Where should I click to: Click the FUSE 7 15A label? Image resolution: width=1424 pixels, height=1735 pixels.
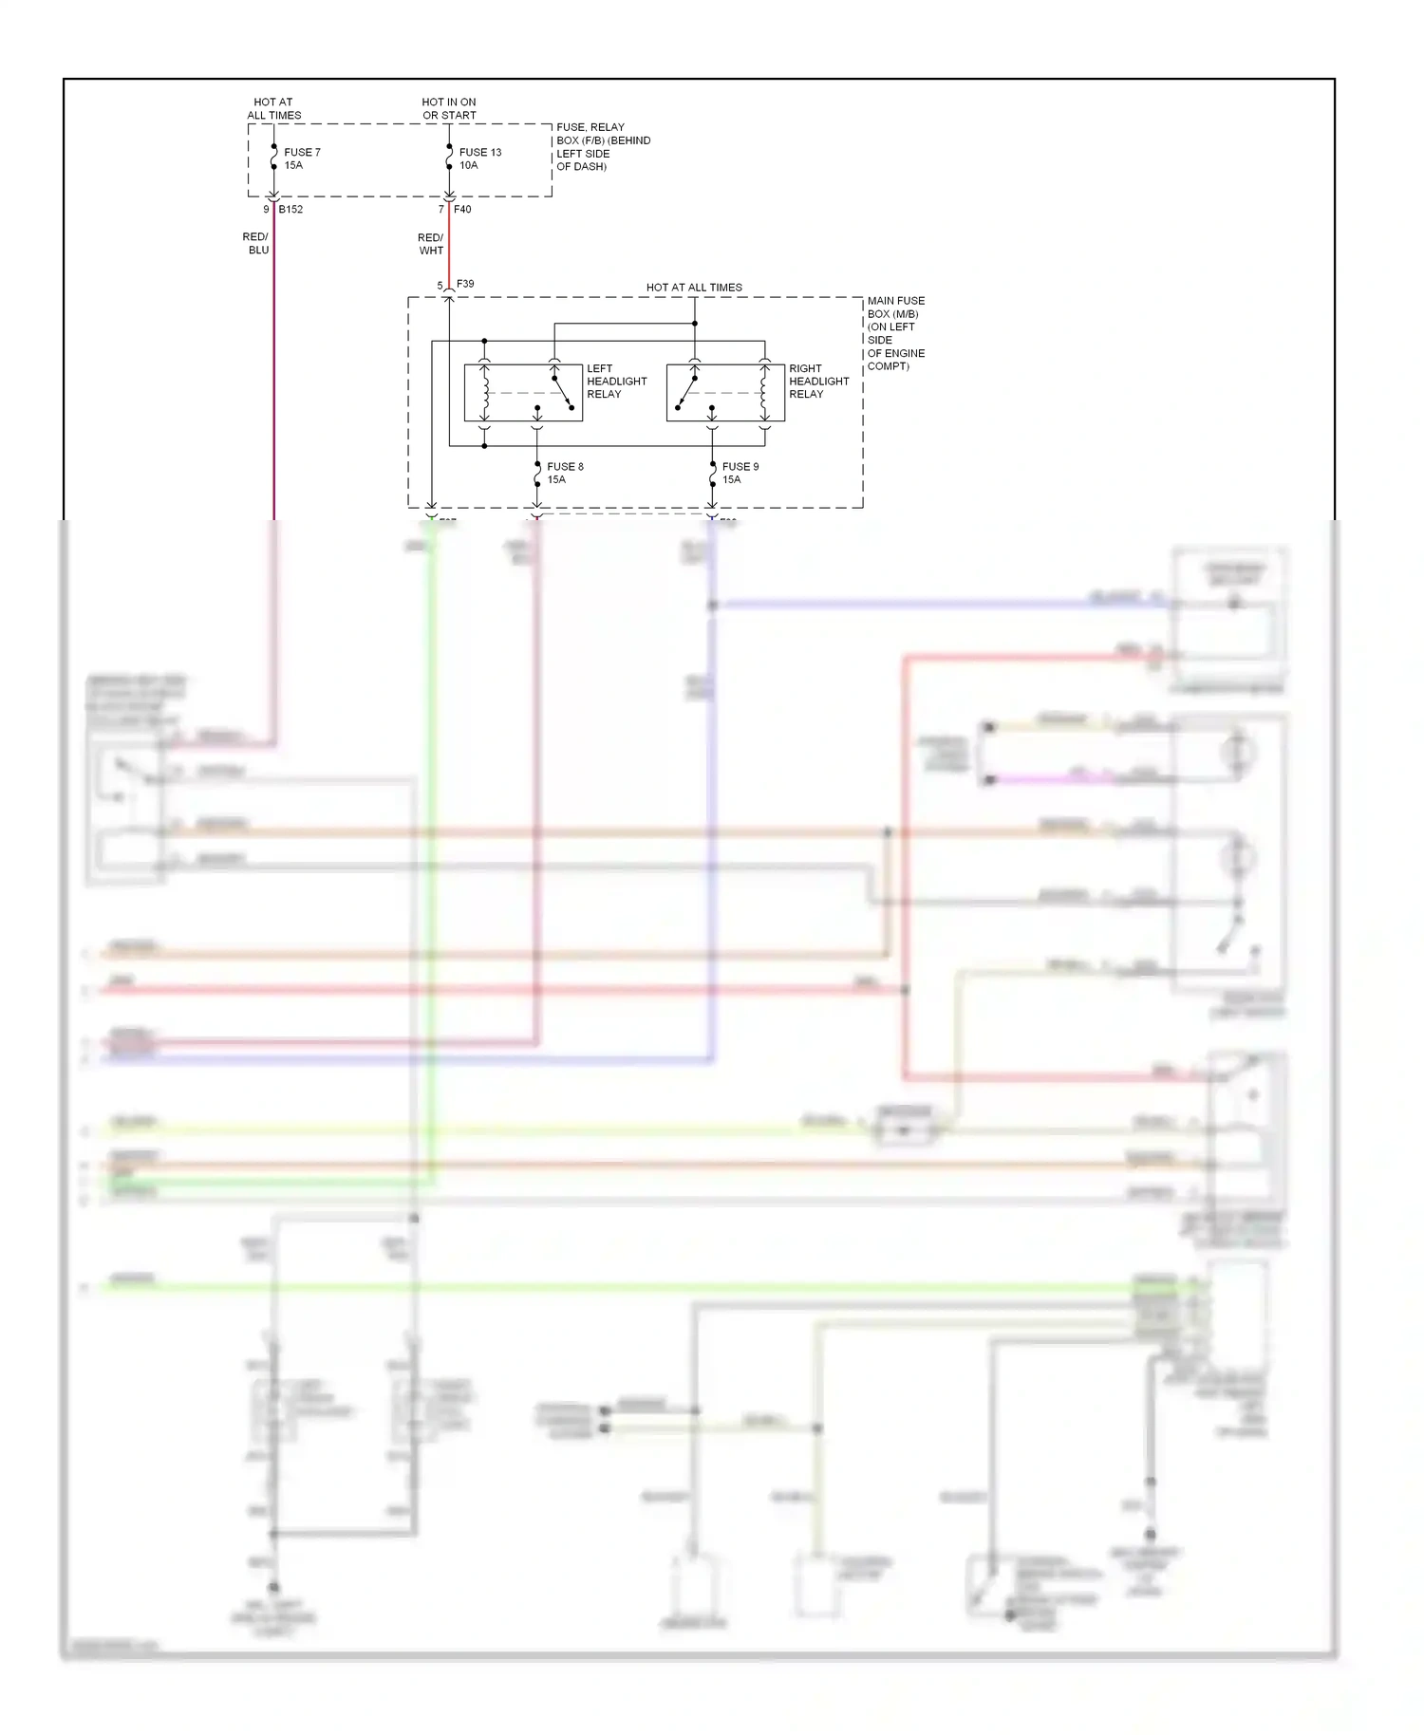(x=301, y=159)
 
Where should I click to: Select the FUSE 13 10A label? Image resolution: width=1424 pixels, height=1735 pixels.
(x=479, y=159)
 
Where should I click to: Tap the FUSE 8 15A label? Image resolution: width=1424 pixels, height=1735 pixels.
(x=565, y=473)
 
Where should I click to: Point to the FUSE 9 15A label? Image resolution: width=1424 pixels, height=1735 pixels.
(x=740, y=473)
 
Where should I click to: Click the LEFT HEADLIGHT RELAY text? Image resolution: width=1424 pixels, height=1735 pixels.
(x=616, y=382)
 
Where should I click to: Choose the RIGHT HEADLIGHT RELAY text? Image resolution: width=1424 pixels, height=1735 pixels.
(x=818, y=382)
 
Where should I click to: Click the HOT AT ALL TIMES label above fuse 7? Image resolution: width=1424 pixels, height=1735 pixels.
(x=273, y=108)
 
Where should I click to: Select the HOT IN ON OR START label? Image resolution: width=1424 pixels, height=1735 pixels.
(x=449, y=108)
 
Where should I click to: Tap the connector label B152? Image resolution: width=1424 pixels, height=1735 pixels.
(x=290, y=210)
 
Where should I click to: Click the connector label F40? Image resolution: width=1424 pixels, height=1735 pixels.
(x=462, y=210)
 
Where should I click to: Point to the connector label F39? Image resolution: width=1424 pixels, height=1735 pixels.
(x=465, y=284)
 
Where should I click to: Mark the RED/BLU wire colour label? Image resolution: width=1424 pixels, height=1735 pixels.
(x=256, y=244)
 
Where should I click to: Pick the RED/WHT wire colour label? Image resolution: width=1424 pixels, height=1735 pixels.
(x=431, y=244)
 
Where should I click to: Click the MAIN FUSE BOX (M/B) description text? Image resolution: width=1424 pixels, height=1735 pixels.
(x=895, y=333)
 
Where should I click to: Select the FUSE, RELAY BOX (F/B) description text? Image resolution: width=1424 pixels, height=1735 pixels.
(x=602, y=146)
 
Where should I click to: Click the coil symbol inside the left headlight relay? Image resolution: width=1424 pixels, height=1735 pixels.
(x=485, y=392)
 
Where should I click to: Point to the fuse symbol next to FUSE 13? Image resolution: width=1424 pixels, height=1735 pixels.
(x=449, y=158)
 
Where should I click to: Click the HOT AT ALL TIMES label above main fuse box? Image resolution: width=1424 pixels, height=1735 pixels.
(x=694, y=288)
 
